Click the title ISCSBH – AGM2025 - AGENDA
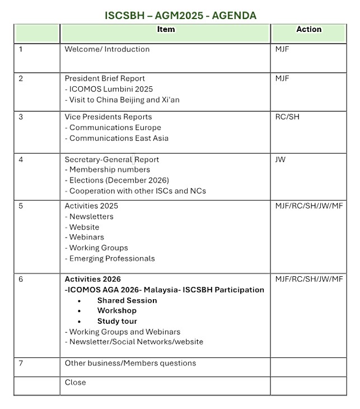pos(180,16)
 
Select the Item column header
pos(166,30)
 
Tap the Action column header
pos(308,30)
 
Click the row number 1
pos(21,49)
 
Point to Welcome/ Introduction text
pos(107,49)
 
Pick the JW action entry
pos(280,160)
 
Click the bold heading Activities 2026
pos(92,280)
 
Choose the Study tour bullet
pos(116,322)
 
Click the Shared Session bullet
pos(127,301)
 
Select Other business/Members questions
pos(130,363)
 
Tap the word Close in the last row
pos(76,382)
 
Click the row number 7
pos(21,363)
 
